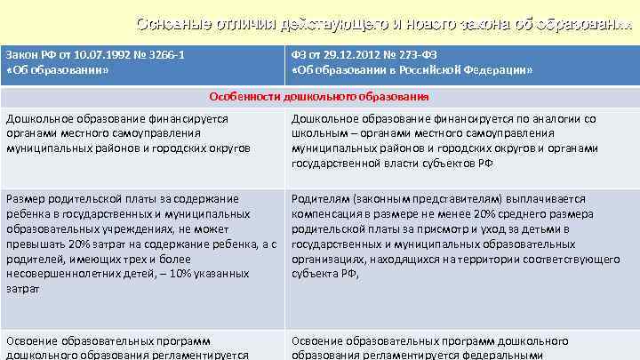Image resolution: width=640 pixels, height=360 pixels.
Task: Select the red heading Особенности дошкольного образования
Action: tap(319, 96)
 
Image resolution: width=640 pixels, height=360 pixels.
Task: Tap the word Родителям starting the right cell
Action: tap(319, 199)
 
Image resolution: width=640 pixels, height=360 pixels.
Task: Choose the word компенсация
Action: tap(326, 214)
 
